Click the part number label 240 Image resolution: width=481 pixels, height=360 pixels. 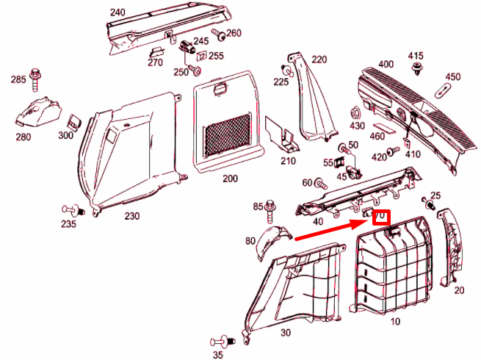pos(117,12)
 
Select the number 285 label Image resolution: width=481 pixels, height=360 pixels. pos(18,78)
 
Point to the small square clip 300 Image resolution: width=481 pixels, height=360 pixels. pos(75,120)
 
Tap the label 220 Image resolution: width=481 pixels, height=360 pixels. pos(319,60)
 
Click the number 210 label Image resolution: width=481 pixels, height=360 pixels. pos(288,161)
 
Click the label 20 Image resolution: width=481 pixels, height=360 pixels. pos(460,290)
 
